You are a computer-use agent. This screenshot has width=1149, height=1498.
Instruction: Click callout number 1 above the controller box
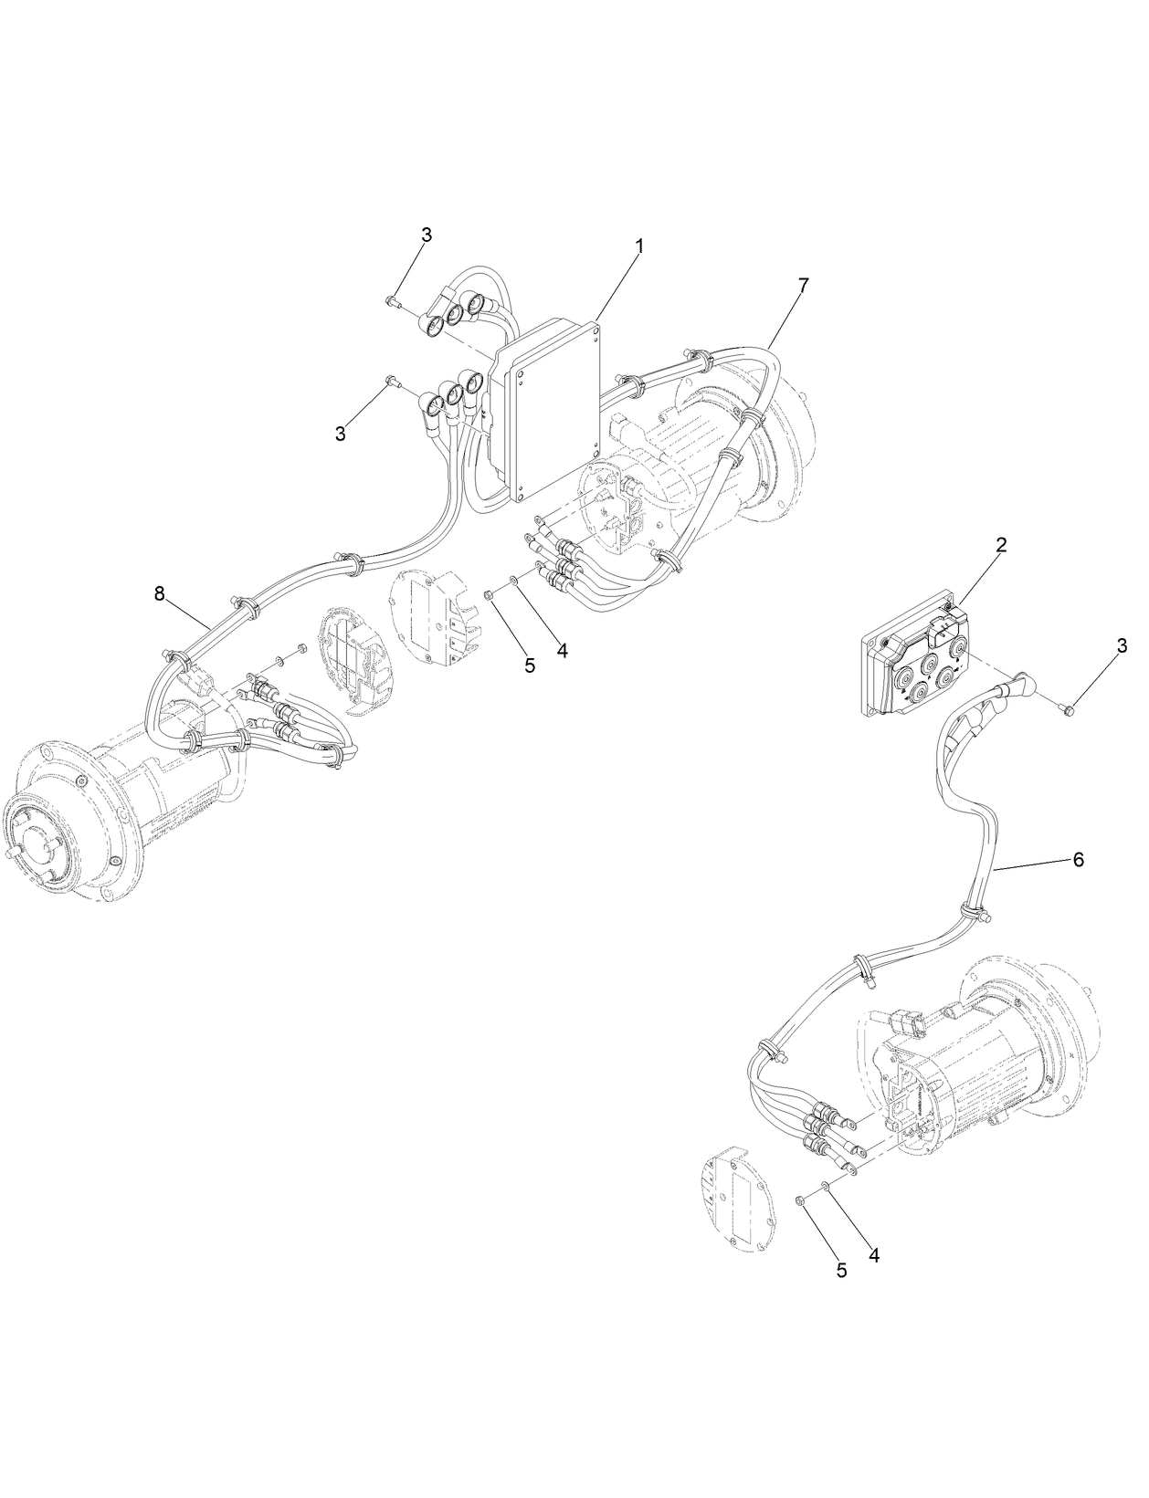click(639, 246)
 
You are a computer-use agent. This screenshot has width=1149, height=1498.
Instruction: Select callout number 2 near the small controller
click(1001, 546)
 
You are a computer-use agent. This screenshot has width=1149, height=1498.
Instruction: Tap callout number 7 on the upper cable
click(802, 286)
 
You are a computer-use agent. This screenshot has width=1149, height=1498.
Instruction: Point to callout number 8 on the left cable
click(160, 594)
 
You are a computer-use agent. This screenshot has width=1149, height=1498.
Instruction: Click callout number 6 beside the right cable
click(1078, 860)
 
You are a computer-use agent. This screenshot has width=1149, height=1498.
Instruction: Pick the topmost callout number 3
click(427, 235)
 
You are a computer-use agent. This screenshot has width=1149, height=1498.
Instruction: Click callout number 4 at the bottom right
click(873, 1255)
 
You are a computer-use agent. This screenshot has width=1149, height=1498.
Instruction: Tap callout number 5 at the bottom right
click(841, 1270)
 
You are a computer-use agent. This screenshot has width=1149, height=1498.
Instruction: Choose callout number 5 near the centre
click(530, 665)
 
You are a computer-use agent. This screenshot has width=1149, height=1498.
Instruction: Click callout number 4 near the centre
click(562, 651)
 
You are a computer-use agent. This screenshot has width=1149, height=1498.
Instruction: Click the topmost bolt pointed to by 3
click(392, 299)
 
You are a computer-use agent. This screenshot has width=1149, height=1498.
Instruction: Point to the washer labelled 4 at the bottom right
click(825, 1187)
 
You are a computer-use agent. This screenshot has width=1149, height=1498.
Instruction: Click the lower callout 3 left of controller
click(340, 435)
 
